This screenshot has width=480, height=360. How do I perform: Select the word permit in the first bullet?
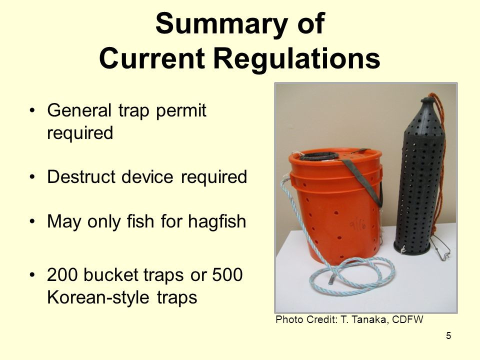tap(181, 111)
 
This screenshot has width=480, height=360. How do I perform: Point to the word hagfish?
tap(217, 221)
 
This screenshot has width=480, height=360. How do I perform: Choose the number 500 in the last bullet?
tap(227, 274)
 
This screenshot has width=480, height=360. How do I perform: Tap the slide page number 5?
tap(448, 336)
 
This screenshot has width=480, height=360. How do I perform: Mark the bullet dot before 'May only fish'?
tap(32, 221)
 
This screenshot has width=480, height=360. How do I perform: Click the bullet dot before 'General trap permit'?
tap(32, 110)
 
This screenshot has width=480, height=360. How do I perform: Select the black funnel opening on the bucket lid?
tap(319, 156)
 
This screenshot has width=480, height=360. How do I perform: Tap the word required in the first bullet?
tap(80, 133)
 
